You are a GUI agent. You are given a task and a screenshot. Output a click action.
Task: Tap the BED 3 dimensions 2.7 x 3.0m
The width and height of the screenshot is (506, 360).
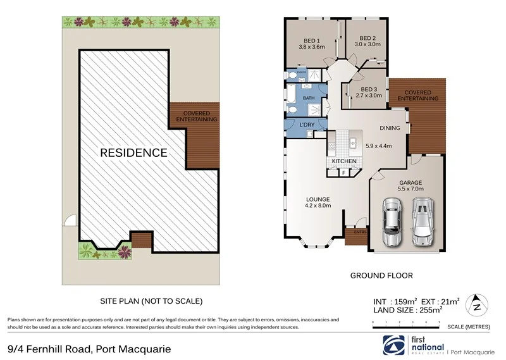pos(369,96)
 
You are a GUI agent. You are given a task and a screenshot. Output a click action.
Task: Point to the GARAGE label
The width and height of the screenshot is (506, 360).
pos(410,182)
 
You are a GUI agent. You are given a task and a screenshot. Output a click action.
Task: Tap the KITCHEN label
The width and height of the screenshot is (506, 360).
pos(344,161)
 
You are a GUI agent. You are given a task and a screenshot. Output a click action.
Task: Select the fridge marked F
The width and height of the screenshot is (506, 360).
pos(344,172)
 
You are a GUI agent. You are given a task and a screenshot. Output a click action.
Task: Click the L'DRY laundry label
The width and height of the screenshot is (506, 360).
pos(307,125)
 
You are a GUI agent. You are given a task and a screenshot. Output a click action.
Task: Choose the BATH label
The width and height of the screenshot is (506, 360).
pos(309,98)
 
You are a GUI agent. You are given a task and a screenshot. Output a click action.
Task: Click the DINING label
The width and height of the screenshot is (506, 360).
pos(390,128)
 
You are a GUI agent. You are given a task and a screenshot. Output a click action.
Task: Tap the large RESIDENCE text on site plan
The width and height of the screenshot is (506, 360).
pos(133,152)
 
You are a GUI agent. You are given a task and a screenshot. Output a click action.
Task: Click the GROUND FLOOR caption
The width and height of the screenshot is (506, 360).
pos(381,276)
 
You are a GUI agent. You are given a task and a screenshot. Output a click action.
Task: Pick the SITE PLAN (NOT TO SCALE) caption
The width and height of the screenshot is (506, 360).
pos(152,301)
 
